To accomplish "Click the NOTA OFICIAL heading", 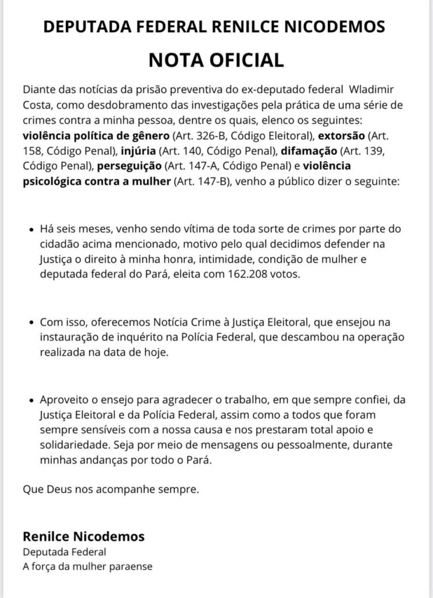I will [x=216, y=60].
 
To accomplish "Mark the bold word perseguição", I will [x=123, y=166].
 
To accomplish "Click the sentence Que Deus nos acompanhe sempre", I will [x=111, y=490].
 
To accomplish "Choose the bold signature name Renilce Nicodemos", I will [x=83, y=536].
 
